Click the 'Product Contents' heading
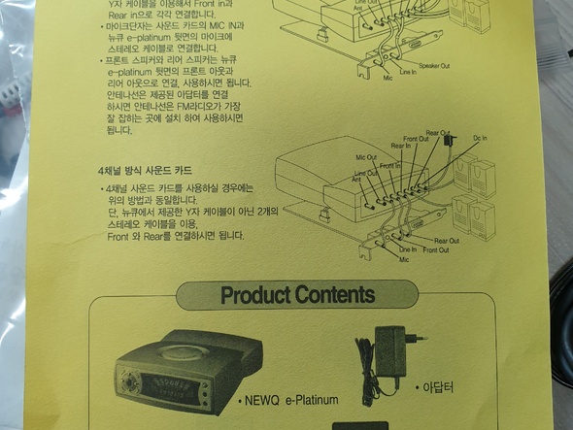pos(296,294)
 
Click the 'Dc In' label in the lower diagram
pos(479,139)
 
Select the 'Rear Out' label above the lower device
pos(437,133)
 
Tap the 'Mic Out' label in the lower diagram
pos(366,156)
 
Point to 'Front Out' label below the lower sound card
pos(436,250)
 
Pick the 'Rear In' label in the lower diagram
pos(400,147)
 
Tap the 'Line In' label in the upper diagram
pos(407,72)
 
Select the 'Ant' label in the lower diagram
pos(356,179)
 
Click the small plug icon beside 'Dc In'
pos(449,142)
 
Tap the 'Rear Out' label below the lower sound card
pos(446,241)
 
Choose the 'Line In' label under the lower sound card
pos(408,250)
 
